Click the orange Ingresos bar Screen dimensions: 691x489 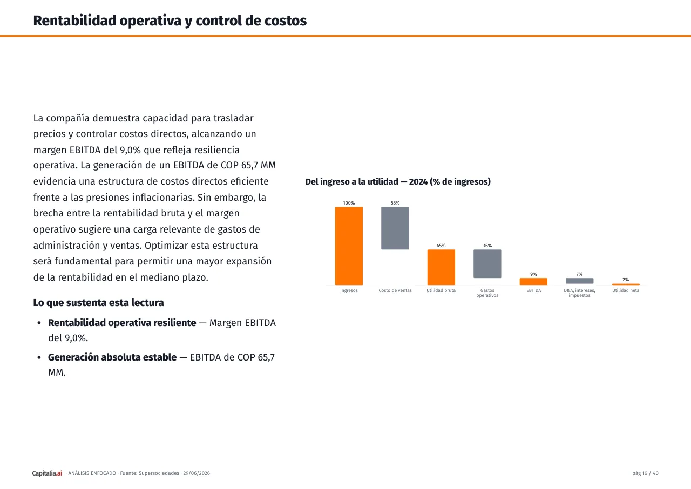pos(349,246)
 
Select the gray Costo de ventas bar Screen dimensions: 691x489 pos(395,228)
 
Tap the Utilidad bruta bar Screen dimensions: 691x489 pos(441,267)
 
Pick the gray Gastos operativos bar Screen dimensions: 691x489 pos(487,263)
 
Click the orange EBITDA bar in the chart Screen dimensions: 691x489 pos(533,282)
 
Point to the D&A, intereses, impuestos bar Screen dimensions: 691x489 pos(580,281)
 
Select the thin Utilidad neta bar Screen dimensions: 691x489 pos(626,284)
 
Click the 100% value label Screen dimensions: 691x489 pos(349,203)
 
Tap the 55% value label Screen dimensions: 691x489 pos(395,203)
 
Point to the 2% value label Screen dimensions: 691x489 pos(626,280)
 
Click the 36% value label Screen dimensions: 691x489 pos(487,246)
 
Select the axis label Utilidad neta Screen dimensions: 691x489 pos(626,290)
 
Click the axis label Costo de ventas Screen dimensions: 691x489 pos(395,290)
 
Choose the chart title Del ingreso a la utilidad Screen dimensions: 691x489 pos(398,181)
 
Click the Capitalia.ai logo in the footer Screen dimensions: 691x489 pos(47,473)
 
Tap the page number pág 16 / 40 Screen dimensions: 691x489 pos(645,473)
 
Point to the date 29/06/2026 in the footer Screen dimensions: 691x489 pos(197,473)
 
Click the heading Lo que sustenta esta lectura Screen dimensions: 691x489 pos(98,303)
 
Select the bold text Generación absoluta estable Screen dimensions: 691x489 pos(112,357)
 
